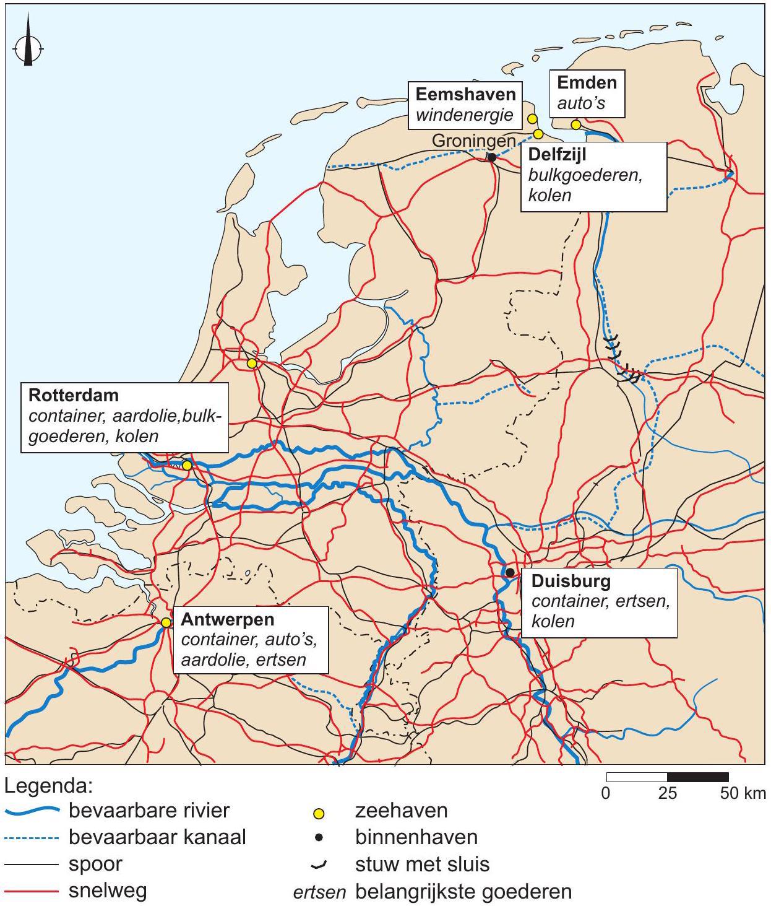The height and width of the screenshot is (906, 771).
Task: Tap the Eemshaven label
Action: click(465, 94)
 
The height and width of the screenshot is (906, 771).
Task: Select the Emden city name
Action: click(587, 82)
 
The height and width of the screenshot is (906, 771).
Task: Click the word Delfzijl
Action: click(557, 154)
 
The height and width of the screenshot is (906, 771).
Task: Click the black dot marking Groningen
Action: click(492, 157)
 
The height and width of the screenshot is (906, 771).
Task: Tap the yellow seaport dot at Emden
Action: click(575, 125)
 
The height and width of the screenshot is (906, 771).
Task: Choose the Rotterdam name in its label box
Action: click(74, 394)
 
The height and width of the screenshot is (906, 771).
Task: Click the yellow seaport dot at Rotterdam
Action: click(187, 466)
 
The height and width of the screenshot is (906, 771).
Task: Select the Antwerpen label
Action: click(228, 619)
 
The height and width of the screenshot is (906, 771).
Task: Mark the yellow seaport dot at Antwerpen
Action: click(166, 622)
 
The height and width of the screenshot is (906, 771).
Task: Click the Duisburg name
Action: click(571, 581)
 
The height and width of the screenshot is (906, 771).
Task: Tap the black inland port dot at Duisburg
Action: click(510, 572)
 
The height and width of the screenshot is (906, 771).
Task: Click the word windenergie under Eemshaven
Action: click(465, 115)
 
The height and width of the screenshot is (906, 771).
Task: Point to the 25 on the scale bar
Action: click(667, 793)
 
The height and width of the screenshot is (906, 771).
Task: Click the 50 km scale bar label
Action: click(743, 793)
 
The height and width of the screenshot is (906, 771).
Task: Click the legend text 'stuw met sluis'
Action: click(422, 864)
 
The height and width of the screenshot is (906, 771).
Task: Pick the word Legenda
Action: click(48, 786)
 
